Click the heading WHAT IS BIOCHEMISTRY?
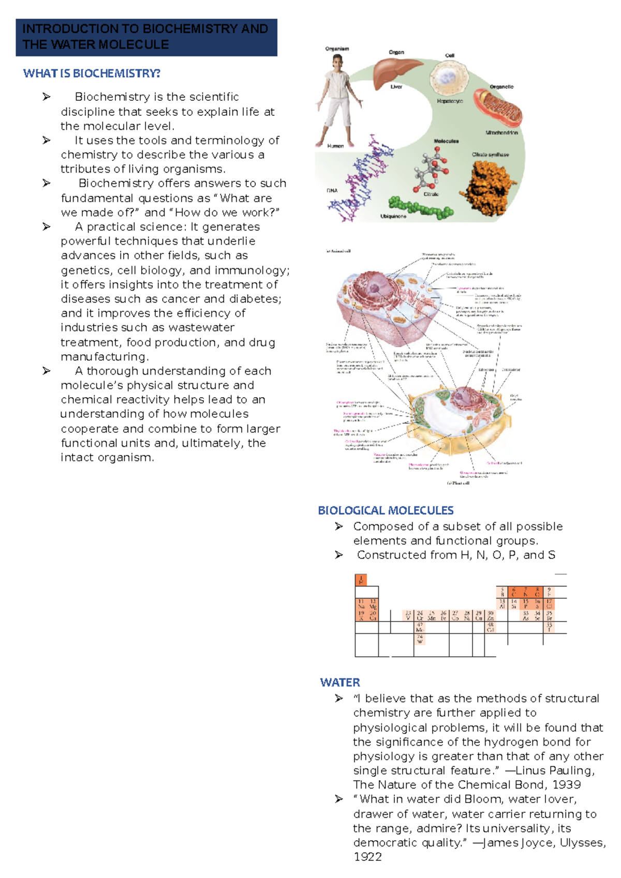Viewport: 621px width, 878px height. point(92,73)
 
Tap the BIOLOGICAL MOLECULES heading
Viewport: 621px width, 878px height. point(386,510)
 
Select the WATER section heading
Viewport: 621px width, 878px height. point(340,682)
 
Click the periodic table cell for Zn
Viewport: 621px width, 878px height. point(491,615)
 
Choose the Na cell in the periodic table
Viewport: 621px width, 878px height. point(361,604)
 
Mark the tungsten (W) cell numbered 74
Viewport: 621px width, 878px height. point(420,639)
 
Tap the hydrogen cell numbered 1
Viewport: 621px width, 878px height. point(361,580)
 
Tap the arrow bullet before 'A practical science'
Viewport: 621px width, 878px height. point(47,226)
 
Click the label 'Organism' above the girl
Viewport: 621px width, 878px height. point(337,49)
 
